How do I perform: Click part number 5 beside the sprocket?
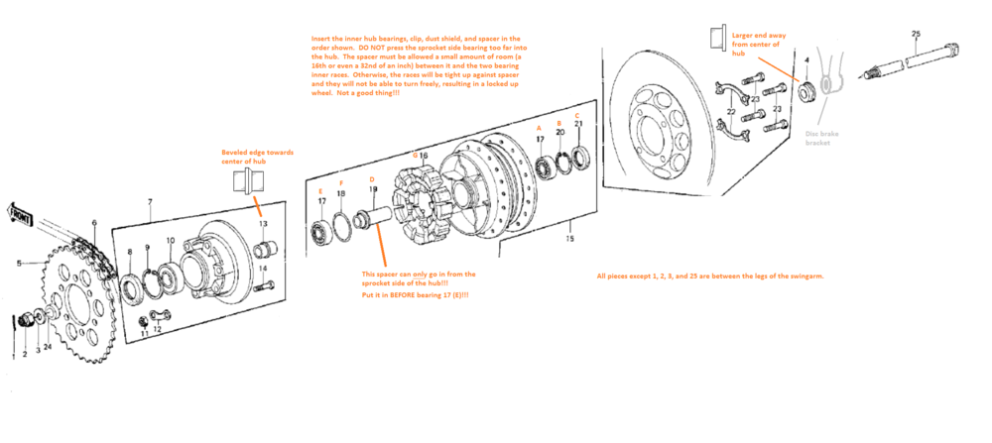(19, 264)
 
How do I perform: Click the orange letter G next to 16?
(415, 156)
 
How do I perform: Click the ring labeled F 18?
(341, 227)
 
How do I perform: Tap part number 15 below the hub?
(568, 239)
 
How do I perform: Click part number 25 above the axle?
(914, 34)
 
